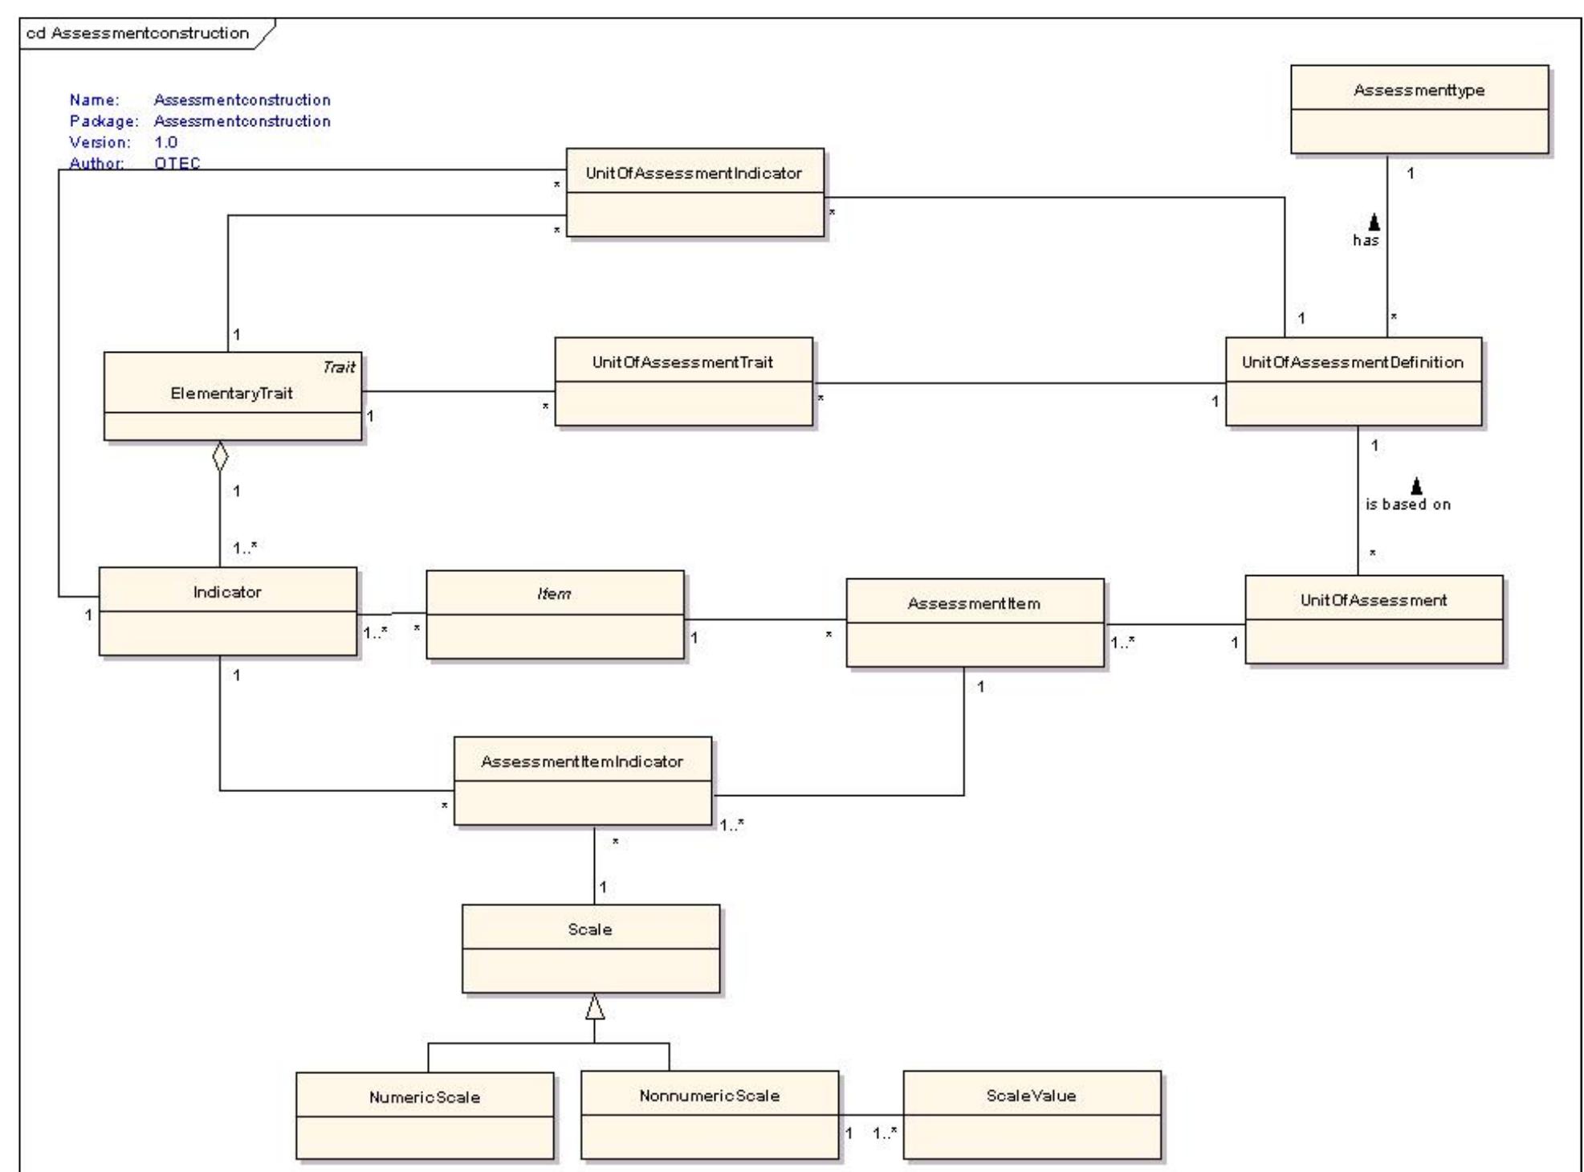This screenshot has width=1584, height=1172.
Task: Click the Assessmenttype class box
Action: [1419, 109]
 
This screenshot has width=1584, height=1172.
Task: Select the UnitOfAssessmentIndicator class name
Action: [694, 173]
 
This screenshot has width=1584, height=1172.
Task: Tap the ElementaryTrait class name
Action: [231, 394]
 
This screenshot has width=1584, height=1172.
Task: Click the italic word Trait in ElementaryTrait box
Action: [338, 367]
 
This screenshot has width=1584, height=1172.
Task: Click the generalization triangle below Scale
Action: [594, 1007]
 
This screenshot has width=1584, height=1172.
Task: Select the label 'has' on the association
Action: [1366, 240]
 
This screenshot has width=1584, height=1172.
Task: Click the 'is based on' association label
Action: [1408, 504]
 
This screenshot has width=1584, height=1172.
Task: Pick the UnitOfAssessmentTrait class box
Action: [683, 382]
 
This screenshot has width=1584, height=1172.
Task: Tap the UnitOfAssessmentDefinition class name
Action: [1353, 362]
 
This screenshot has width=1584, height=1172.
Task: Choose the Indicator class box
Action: [227, 611]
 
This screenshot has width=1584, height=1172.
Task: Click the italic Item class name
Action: [554, 594]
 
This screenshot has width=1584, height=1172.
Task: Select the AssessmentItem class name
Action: [974, 603]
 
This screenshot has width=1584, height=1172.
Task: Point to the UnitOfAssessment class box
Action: [1373, 619]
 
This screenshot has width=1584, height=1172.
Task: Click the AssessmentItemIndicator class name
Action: [582, 762]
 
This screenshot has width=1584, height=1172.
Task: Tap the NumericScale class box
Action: [424, 1116]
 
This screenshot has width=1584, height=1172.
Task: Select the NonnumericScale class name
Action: [709, 1096]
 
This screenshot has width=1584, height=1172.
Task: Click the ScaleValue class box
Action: [1031, 1115]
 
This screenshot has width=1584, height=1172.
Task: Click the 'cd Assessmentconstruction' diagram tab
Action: [138, 33]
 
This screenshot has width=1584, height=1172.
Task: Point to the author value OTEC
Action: [177, 163]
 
